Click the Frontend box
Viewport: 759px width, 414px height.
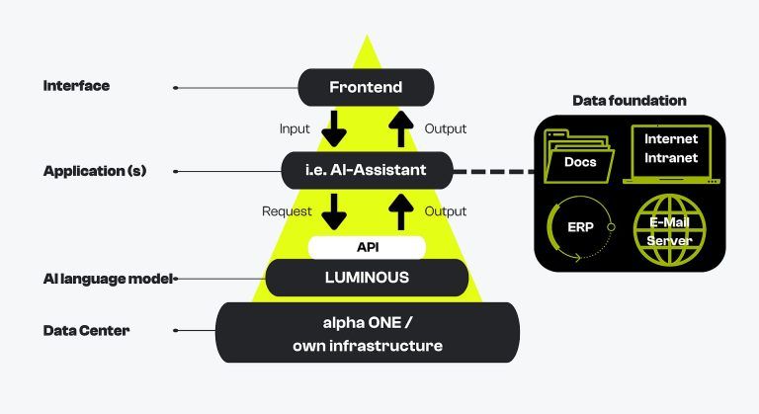tap(366, 87)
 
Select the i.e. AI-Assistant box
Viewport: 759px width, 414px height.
tap(366, 170)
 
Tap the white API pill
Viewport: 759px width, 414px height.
tap(367, 247)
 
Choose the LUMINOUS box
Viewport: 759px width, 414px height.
tap(367, 278)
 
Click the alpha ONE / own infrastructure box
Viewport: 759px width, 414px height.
tap(367, 333)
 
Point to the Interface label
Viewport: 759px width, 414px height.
tap(76, 86)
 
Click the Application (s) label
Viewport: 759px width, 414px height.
tap(95, 171)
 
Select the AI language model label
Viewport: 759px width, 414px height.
tap(108, 279)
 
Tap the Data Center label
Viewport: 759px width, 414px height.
tap(86, 330)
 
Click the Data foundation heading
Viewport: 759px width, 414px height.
tap(630, 101)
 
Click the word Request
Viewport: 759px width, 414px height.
tap(287, 211)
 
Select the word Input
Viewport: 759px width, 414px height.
tap(295, 128)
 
